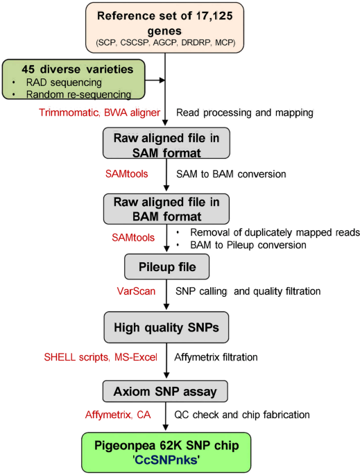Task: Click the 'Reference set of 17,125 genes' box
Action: tap(164, 28)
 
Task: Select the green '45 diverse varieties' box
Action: tap(74, 79)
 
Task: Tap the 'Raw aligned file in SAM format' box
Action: tap(166, 143)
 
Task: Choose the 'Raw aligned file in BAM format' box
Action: tap(166, 209)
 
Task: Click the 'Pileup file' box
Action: tap(166, 266)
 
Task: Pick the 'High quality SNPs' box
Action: tap(166, 327)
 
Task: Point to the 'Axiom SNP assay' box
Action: tap(165, 391)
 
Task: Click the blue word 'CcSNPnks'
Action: tap(166, 460)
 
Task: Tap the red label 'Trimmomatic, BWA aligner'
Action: tap(99, 113)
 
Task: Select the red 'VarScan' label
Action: tap(136, 291)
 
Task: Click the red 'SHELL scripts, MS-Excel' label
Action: tap(101, 357)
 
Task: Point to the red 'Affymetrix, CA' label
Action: tap(118, 415)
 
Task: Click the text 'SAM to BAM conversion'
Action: tap(231, 174)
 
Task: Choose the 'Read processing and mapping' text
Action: tap(245, 113)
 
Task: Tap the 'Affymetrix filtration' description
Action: tap(216, 357)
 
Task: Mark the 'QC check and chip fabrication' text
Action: tap(242, 415)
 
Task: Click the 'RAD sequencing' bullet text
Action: tap(64, 83)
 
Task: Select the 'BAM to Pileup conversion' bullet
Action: tap(248, 245)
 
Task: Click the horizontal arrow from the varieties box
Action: tap(155, 80)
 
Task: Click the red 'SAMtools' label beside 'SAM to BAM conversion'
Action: tap(127, 174)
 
